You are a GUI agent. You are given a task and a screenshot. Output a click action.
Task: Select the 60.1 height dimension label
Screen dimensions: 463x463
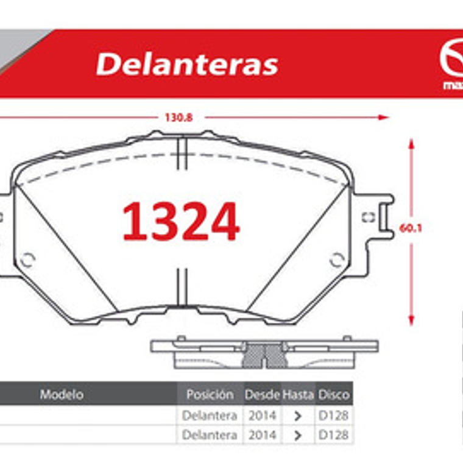pyautogui.click(x=412, y=229)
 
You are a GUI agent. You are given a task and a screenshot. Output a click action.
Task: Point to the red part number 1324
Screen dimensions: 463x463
pyautogui.click(x=181, y=222)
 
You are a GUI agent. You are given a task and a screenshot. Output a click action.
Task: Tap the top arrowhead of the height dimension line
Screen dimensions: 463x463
pyautogui.click(x=411, y=144)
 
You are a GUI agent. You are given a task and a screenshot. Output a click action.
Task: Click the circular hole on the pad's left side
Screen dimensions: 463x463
pyautogui.click(x=27, y=260)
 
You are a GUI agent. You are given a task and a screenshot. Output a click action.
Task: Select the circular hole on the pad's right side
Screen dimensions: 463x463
pyautogui.click(x=337, y=260)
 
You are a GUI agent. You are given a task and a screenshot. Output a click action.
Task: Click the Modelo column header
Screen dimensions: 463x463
pyautogui.click(x=62, y=395)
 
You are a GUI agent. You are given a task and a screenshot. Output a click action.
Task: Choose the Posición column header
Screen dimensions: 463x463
pyautogui.click(x=210, y=395)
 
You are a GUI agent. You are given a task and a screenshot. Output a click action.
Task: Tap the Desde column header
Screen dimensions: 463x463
pyautogui.click(x=262, y=395)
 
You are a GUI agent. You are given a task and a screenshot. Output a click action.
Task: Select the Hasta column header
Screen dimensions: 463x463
pyautogui.click(x=298, y=395)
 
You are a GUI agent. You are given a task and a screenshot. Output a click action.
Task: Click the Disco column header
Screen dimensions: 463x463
pyautogui.click(x=334, y=395)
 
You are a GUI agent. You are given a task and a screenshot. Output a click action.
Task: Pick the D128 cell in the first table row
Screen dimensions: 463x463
pyautogui.click(x=334, y=415)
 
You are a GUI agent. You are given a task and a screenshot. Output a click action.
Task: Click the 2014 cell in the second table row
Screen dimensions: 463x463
pyautogui.click(x=262, y=435)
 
